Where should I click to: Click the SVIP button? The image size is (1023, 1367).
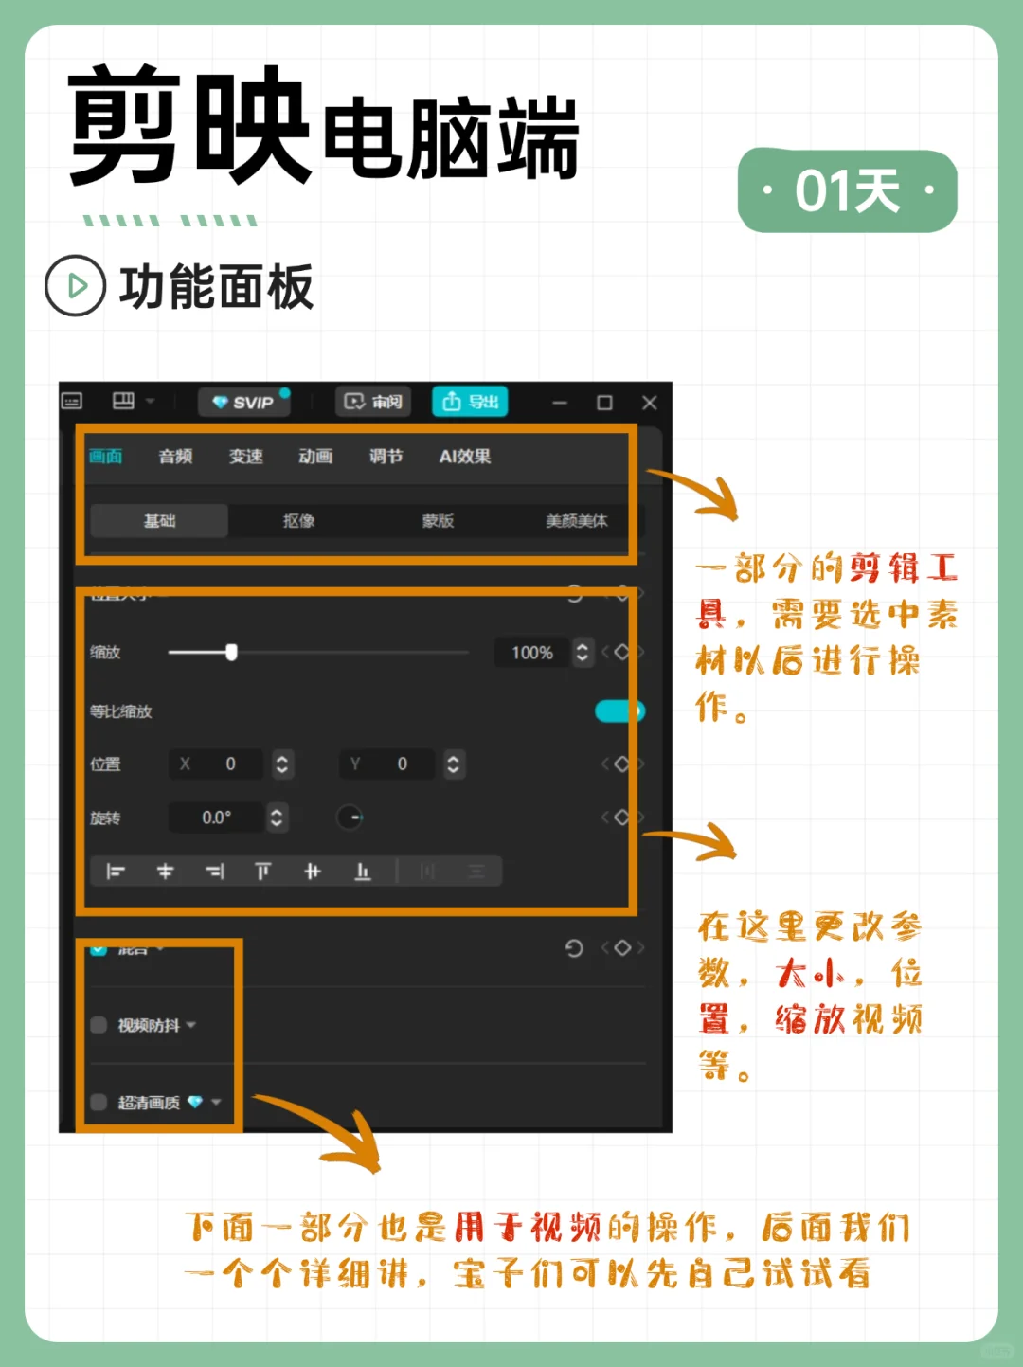pos(243,403)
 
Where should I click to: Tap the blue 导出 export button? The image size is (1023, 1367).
pos(471,402)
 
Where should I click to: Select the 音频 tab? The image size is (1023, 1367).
pos(175,457)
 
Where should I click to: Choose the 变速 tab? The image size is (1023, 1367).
pos(245,457)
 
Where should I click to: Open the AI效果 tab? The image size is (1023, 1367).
pos(464,457)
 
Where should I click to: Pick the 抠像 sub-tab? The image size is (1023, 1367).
pos(298,521)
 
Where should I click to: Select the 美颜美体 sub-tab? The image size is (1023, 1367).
pos(576,521)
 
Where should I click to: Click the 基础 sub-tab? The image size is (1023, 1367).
pos(159,521)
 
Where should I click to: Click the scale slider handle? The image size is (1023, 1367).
pos(231,652)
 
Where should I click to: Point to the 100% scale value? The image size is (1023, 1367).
pos(531,653)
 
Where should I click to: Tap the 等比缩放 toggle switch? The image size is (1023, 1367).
pos(619,711)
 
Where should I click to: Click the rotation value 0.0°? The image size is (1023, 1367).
pos(217,818)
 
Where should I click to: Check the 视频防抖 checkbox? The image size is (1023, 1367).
pos(99,1025)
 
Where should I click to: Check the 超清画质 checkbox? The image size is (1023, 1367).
pos(99,1102)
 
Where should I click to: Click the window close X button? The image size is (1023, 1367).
pos(650,403)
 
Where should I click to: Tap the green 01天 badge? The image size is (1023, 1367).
pos(847,191)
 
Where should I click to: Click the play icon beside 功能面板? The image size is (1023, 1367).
pos(75,285)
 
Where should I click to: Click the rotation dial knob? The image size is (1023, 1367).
pos(350,818)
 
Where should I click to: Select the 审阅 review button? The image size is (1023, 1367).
pos(373,402)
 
